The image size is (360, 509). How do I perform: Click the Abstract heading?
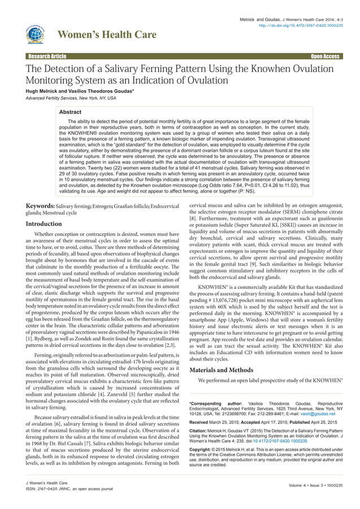[78, 112]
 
